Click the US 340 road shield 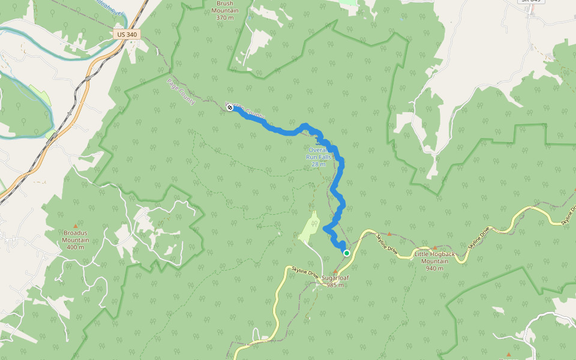(127, 35)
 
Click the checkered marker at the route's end (229, 107)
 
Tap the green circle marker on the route (347, 253)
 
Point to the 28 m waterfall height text (319, 164)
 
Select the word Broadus (76, 232)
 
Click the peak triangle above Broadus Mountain (75, 226)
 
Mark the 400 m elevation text (76, 247)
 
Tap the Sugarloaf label (335, 278)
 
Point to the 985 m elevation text (335, 285)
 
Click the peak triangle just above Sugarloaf (335, 272)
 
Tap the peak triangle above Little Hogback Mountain (435, 247)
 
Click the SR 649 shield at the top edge (530, 1)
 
